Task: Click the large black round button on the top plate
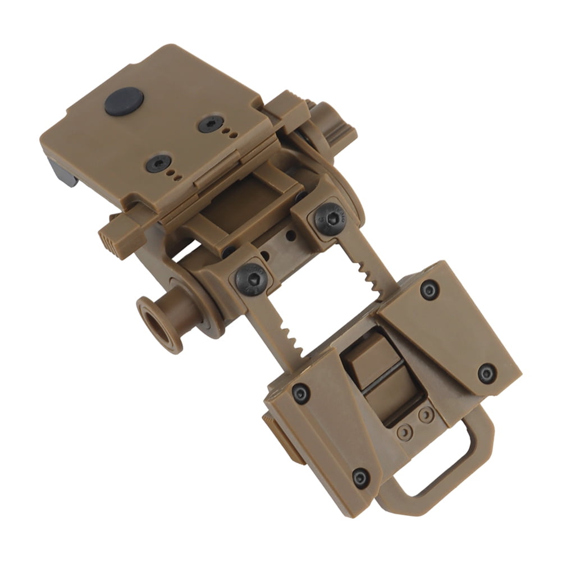[124, 102]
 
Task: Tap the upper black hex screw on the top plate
[211, 124]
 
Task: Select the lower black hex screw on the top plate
[158, 163]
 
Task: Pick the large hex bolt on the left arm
[250, 277]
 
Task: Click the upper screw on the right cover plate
[430, 290]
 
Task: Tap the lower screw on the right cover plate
[486, 373]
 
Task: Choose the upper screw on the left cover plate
[301, 393]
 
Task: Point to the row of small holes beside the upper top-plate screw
[229, 133]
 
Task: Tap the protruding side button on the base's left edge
[278, 438]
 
